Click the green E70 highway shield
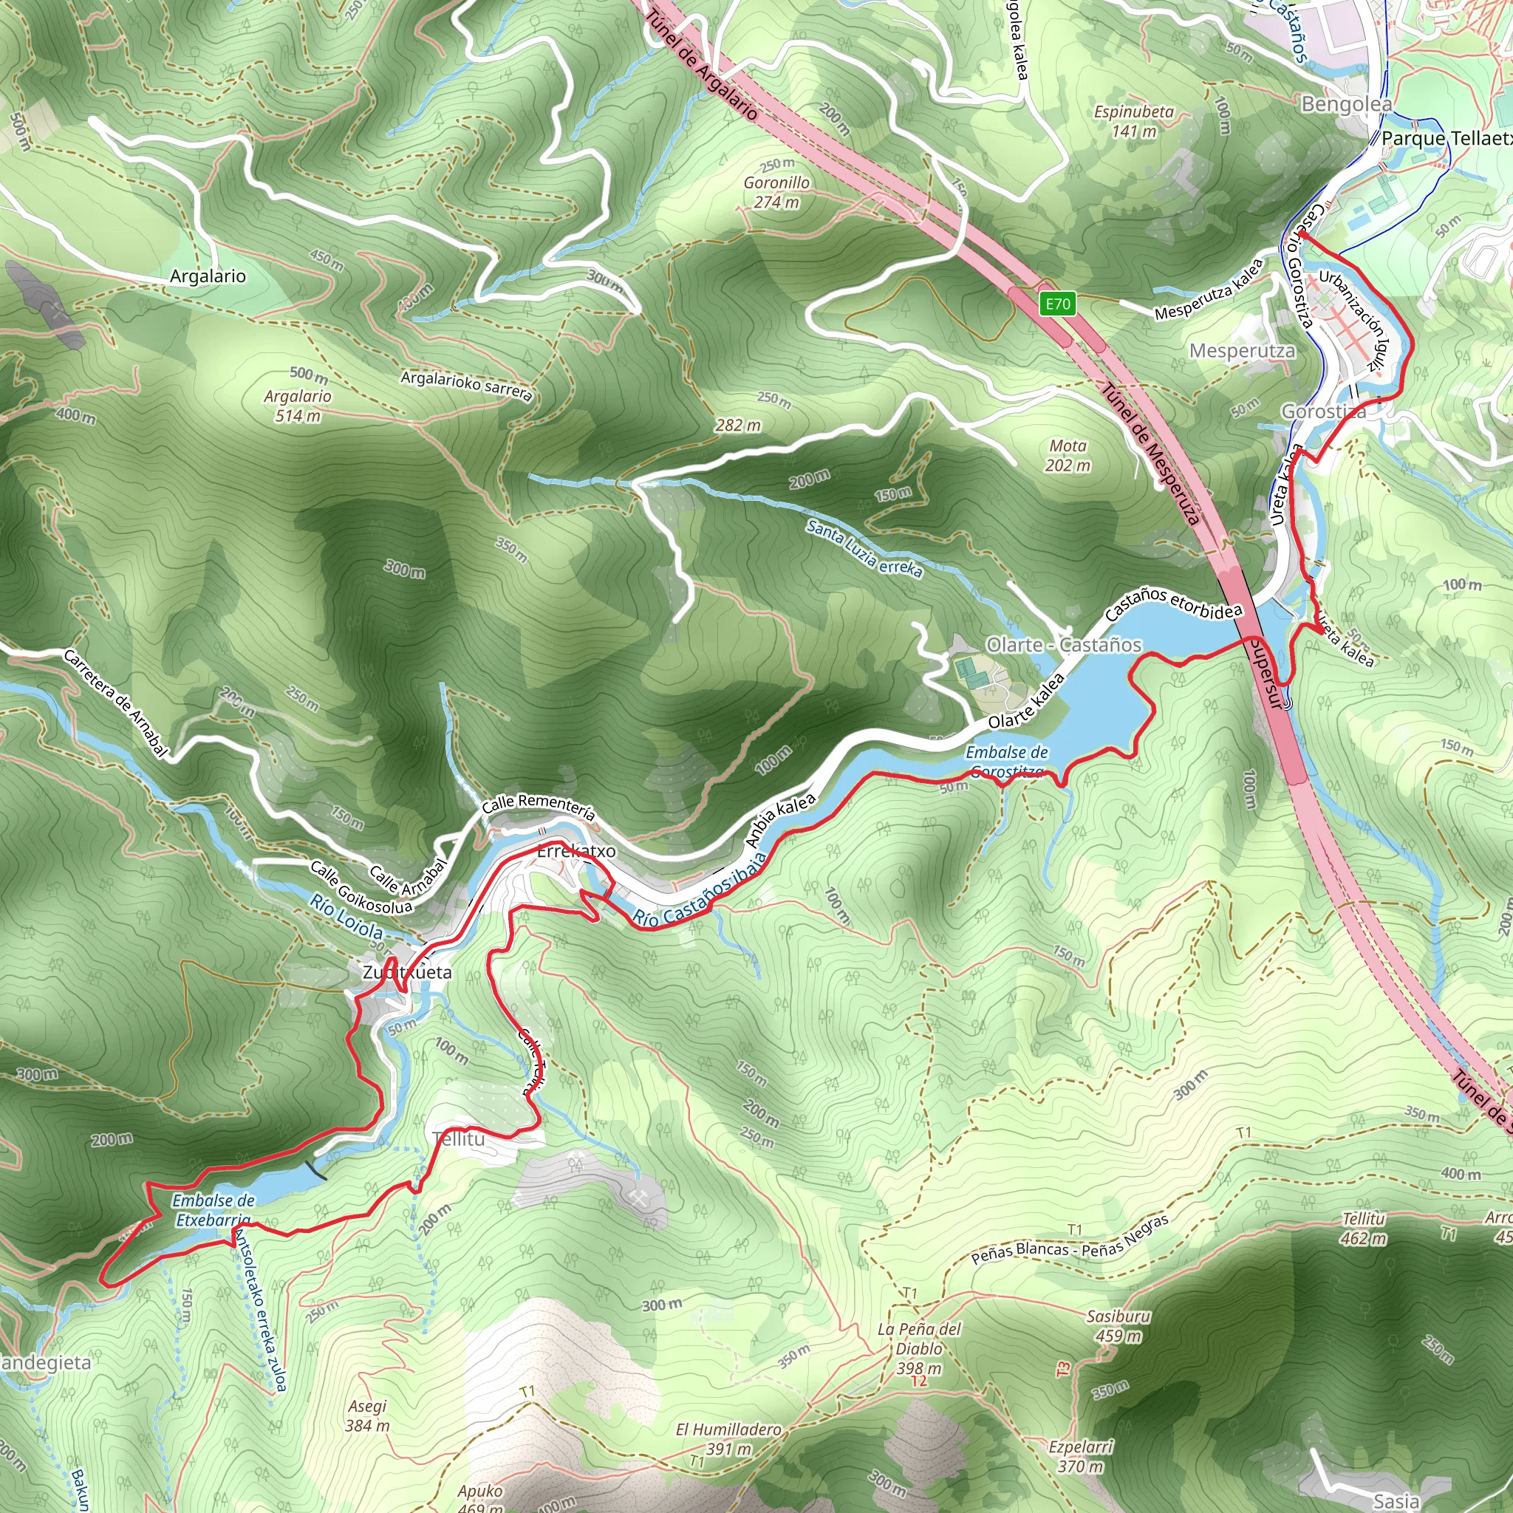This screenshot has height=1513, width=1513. tap(1057, 304)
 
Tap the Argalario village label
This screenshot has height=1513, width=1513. tap(208, 276)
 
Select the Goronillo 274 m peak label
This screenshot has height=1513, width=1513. tap(777, 193)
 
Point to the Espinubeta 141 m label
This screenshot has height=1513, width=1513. tap(1134, 121)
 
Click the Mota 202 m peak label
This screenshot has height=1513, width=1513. tap(1068, 456)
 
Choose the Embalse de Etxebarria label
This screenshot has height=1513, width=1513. tap(213, 1210)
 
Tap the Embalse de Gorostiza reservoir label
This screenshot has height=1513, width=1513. tap(1006, 762)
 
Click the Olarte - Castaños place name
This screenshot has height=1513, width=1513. tap(1064, 645)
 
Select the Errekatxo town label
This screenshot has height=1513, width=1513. tap(576, 851)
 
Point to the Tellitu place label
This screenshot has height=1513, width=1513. tap(459, 1139)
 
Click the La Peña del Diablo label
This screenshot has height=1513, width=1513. tap(919, 1348)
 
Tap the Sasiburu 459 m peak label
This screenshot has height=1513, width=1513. tap(1118, 1326)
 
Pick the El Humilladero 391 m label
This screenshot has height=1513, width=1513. tap(729, 1439)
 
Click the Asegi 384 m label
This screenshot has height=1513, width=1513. tap(367, 1416)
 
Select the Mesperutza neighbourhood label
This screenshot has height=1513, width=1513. tap(1242, 351)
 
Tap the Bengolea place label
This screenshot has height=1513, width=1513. tap(1346, 104)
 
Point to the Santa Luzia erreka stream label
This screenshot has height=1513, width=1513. tap(864, 549)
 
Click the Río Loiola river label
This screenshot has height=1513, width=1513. tap(346, 916)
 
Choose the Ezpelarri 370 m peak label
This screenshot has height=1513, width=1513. tap(1081, 1457)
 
